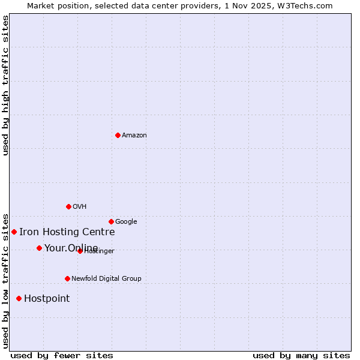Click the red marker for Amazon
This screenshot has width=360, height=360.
[118, 135]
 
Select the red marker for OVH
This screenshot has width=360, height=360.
[68, 206]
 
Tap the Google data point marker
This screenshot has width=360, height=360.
[111, 221]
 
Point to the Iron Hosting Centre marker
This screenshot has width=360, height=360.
[14, 232]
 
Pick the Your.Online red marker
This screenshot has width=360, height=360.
[39, 248]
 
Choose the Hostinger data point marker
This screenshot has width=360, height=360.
[80, 251]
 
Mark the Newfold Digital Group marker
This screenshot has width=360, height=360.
[67, 278]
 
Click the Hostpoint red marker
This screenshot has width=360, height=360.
[19, 298]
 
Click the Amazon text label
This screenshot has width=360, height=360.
[134, 135]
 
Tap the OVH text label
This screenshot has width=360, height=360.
[80, 206]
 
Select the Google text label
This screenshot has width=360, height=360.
[126, 221]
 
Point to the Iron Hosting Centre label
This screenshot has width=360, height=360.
[67, 232]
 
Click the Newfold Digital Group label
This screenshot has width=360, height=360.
[106, 278]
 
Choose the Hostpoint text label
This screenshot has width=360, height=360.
[47, 298]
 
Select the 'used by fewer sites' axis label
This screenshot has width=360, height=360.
[62, 355]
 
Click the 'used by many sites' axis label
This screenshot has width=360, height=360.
[301, 355]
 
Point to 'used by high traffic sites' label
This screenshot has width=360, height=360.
[5, 85]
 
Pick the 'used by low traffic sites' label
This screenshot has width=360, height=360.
[5, 280]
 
